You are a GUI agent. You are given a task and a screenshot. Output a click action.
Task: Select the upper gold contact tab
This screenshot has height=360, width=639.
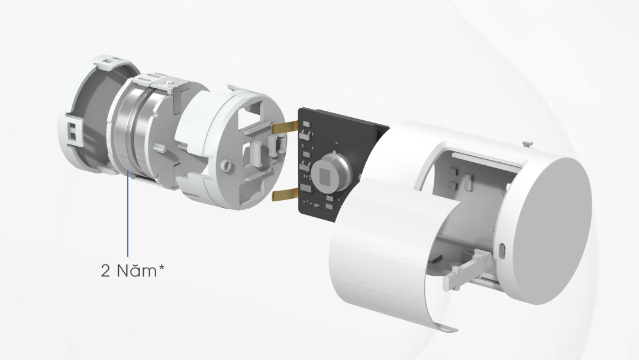(x=285, y=127)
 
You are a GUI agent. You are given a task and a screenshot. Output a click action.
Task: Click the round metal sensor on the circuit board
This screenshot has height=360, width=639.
(x=331, y=172)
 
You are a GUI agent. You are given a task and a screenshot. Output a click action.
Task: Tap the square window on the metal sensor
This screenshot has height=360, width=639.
(x=327, y=174)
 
